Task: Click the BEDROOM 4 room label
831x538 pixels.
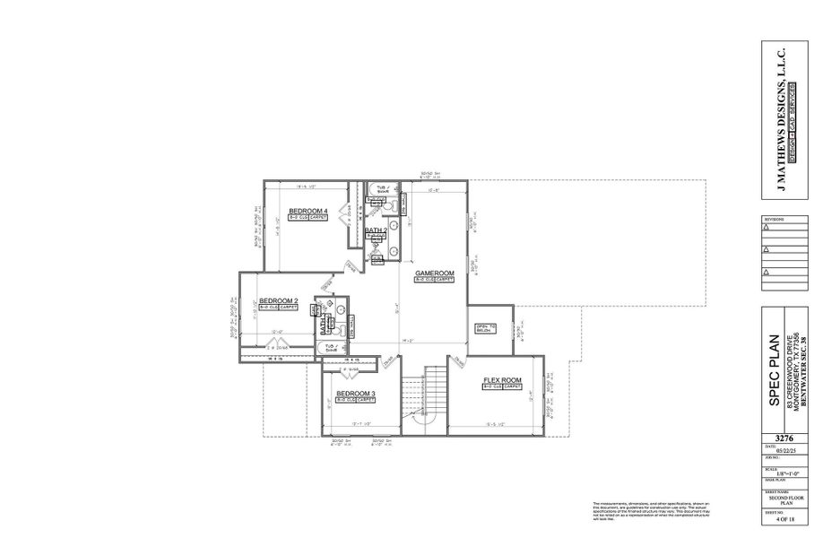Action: [307, 211]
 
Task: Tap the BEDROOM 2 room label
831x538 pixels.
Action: [278, 300]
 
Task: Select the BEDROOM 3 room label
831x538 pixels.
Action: [355, 394]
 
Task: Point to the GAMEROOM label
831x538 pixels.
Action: [435, 273]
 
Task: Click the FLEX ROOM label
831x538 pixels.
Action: [502, 381]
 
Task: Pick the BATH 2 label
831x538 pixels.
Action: [376, 230]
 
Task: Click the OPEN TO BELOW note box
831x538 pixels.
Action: [485, 327]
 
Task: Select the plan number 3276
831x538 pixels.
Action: [774, 430]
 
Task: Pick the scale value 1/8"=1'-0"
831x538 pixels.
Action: [774, 473]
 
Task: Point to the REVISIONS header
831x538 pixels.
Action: [773, 218]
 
